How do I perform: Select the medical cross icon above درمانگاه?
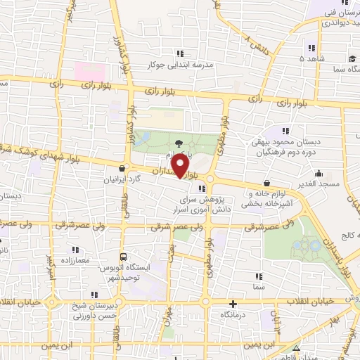pyautogui.click(x=233, y=304)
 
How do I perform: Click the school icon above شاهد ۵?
pyautogui.click(x=311, y=48)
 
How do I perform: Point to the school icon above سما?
pyautogui.click(x=259, y=276)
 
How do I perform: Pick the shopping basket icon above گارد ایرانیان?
pyautogui.click(x=123, y=168)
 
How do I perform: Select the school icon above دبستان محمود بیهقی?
pyautogui.click(x=285, y=130)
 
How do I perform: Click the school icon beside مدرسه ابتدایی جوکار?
pyautogui.click(x=180, y=53)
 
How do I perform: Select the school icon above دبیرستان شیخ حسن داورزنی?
pyautogui.click(x=96, y=296)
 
